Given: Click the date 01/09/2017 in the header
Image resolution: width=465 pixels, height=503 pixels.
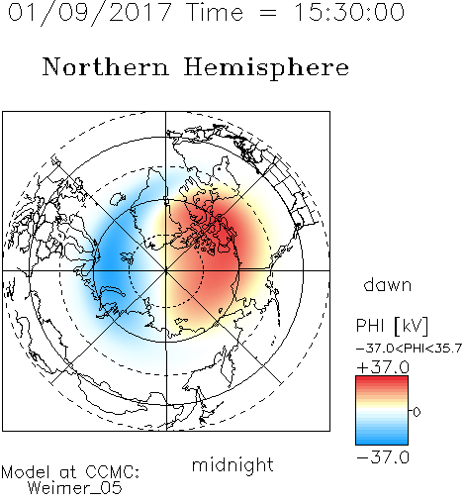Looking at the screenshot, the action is coord(89,13).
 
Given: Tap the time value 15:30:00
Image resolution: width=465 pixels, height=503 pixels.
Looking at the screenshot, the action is coord(349,12).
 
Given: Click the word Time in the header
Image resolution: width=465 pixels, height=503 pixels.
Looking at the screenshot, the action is coord(215,12).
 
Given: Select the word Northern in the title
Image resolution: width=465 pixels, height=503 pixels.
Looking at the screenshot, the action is coord(106,66).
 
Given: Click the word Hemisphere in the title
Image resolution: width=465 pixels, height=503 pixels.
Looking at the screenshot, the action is coord(266,68).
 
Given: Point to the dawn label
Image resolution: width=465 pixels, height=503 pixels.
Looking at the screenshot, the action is coord(388,284).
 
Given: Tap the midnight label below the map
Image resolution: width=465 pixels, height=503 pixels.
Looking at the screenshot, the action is coord(232,465).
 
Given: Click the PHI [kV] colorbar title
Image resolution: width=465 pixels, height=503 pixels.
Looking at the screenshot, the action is coord(392,326).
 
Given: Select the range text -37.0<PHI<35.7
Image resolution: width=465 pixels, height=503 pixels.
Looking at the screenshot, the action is coord(409,349).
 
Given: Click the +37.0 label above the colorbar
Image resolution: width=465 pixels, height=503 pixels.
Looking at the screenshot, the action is coord(383,367).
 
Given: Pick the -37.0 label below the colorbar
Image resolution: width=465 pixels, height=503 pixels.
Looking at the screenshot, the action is coord(383,457).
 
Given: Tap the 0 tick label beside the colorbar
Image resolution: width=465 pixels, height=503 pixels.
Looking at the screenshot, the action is coord(417,412).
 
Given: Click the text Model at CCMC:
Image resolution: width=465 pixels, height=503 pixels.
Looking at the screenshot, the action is coord(70,472).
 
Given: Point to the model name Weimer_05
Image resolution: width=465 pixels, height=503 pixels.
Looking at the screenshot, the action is coord(74,488).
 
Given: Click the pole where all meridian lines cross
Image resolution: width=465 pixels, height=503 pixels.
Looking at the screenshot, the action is coord(166,270).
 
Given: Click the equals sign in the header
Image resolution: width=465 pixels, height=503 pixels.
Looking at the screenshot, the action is coord(268,13).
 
